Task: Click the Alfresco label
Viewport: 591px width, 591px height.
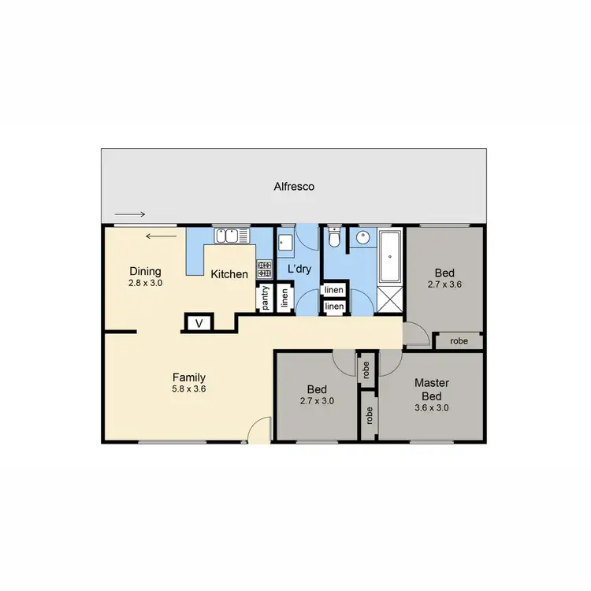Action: [294, 187]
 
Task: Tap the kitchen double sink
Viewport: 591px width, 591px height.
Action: [229, 236]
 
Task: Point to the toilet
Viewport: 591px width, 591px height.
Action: [334, 237]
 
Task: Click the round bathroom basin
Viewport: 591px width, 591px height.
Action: [364, 237]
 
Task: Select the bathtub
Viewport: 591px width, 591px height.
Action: [391, 258]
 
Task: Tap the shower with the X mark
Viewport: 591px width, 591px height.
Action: [391, 299]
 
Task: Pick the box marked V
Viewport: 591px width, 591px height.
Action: [199, 323]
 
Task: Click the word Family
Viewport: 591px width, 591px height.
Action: [189, 377]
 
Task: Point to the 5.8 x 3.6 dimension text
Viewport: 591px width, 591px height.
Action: [189, 388]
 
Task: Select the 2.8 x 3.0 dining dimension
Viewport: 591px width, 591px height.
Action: [145, 281]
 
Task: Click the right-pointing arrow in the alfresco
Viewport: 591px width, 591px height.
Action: [130, 214]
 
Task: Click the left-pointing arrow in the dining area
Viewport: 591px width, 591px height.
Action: [160, 235]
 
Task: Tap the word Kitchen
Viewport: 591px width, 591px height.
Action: [229, 274]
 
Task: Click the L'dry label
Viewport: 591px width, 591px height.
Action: [299, 269]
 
